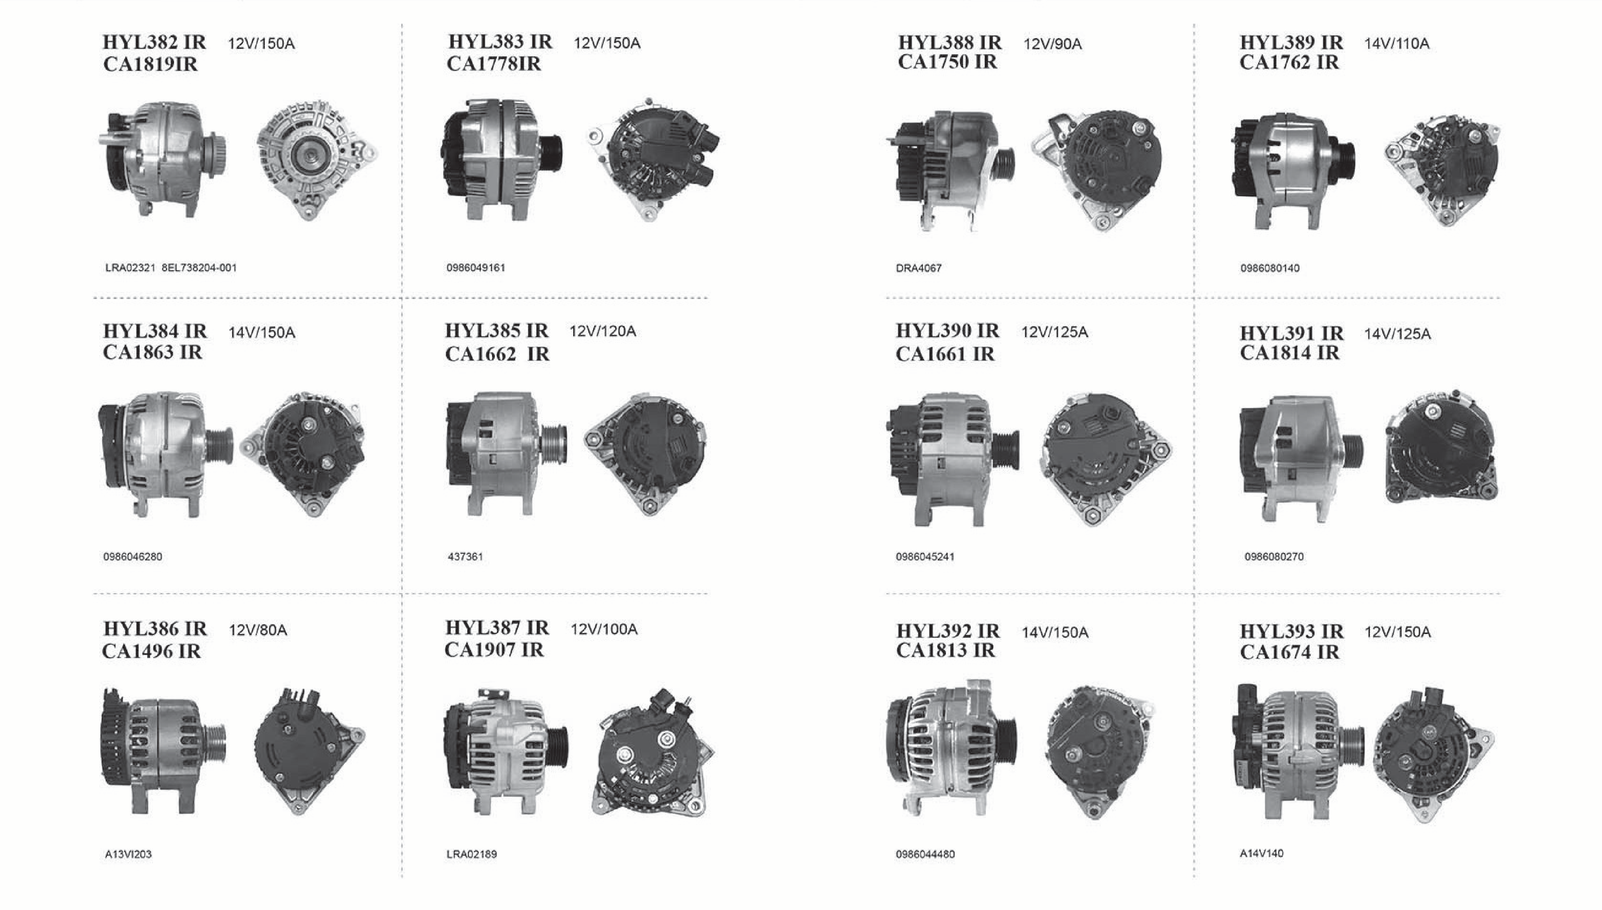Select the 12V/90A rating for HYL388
point(1053,44)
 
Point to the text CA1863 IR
point(153,353)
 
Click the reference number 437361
point(465,556)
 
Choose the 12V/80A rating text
point(258,630)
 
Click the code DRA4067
point(918,268)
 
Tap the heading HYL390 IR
point(947,331)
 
